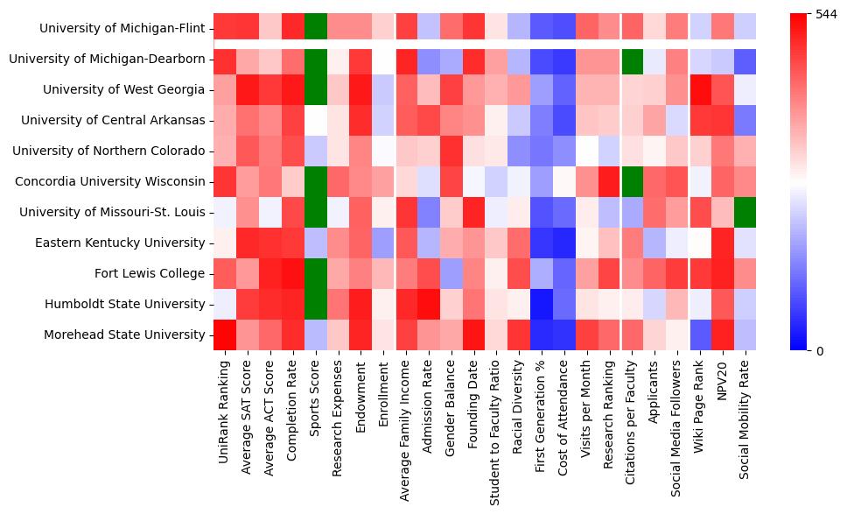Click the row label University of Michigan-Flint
point(122,29)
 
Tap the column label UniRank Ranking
point(224,408)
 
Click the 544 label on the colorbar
point(825,15)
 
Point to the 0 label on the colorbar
point(819,351)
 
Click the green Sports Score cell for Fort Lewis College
point(315,273)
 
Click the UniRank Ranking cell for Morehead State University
point(224,334)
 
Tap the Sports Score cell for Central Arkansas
point(315,121)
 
